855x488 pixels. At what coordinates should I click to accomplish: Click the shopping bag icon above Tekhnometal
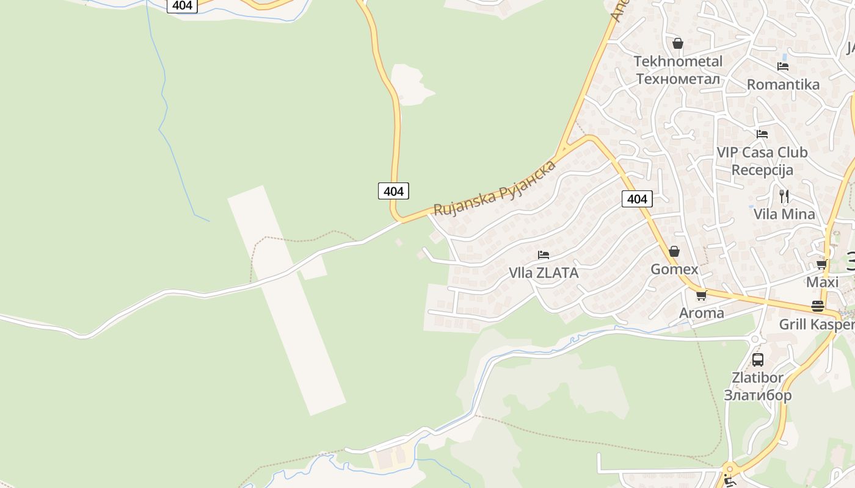pos(677,43)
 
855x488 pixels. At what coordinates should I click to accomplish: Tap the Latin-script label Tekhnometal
pos(678,61)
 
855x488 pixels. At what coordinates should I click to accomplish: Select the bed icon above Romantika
pos(783,66)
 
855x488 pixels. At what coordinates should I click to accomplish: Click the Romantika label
pos(783,84)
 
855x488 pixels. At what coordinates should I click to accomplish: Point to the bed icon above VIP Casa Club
pos(762,134)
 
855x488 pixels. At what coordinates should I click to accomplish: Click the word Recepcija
pos(762,170)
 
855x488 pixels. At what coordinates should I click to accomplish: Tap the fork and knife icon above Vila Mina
pos(784,196)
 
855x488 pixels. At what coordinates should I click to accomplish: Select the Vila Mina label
pos(784,214)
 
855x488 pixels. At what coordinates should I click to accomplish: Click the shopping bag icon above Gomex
pos(674,251)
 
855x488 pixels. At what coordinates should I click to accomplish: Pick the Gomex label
pos(674,269)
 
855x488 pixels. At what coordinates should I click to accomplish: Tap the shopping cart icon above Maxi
pos(822,265)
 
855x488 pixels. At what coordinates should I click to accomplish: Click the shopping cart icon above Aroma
pos(701,295)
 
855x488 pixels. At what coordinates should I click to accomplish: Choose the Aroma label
pos(702,313)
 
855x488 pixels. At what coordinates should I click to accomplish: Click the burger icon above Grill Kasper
pos(818,306)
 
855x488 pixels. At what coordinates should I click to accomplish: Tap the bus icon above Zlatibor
pos(758,359)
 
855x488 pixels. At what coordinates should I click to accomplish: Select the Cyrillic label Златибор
pos(758,395)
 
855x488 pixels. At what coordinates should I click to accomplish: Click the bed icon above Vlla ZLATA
pos(544,254)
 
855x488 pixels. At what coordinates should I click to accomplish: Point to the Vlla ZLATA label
pos(544,273)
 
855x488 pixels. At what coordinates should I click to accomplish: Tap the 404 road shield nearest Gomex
pos(637,198)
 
